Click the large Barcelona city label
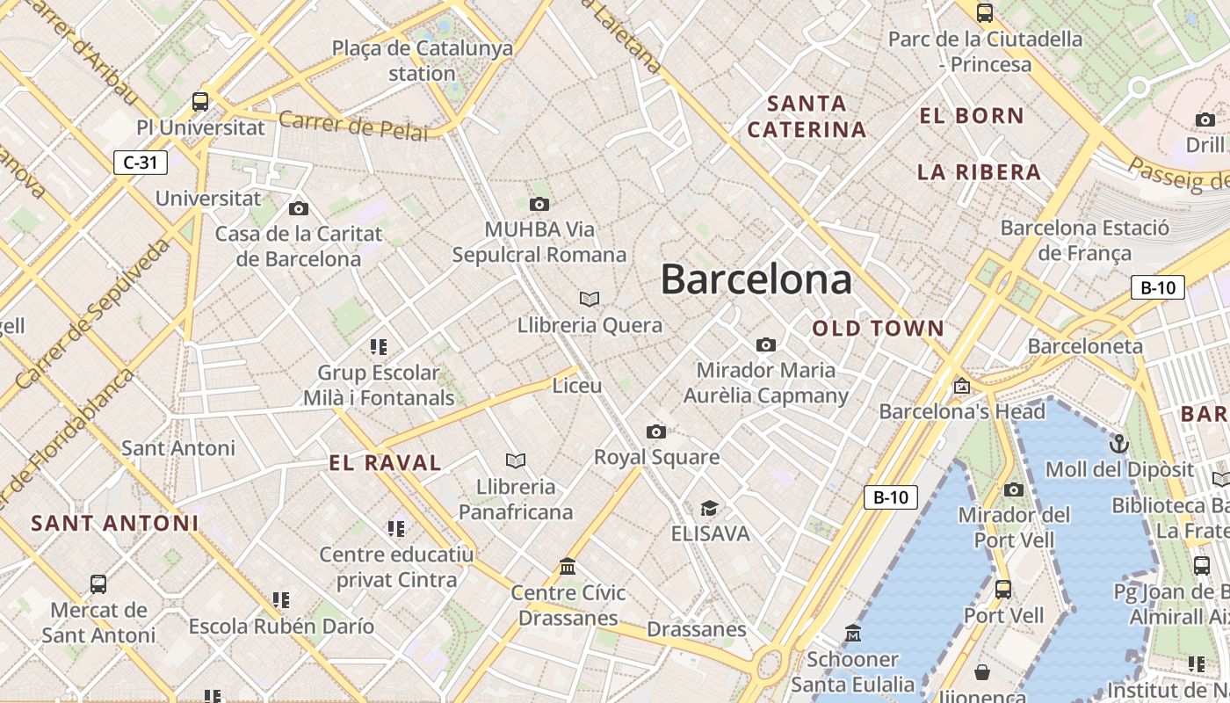(x=756, y=279)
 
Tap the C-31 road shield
(x=141, y=163)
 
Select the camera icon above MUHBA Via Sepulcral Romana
(x=539, y=205)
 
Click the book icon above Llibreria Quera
(x=590, y=300)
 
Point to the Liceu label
(x=577, y=386)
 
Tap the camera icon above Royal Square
(x=656, y=431)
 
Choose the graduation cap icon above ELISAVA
(x=709, y=508)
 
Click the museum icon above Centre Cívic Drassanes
(x=568, y=567)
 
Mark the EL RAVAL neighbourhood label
(x=385, y=463)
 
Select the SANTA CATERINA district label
(x=807, y=117)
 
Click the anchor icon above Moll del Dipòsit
(x=1119, y=443)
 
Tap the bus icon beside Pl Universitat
(x=200, y=101)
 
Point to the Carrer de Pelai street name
(x=353, y=127)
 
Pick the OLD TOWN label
(x=878, y=329)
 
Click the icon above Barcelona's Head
(x=962, y=386)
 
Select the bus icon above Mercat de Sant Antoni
(x=98, y=584)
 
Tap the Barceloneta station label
(x=1085, y=346)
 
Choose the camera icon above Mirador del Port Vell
(x=1014, y=489)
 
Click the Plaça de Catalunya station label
(x=422, y=61)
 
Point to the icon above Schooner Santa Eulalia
(x=852, y=634)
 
